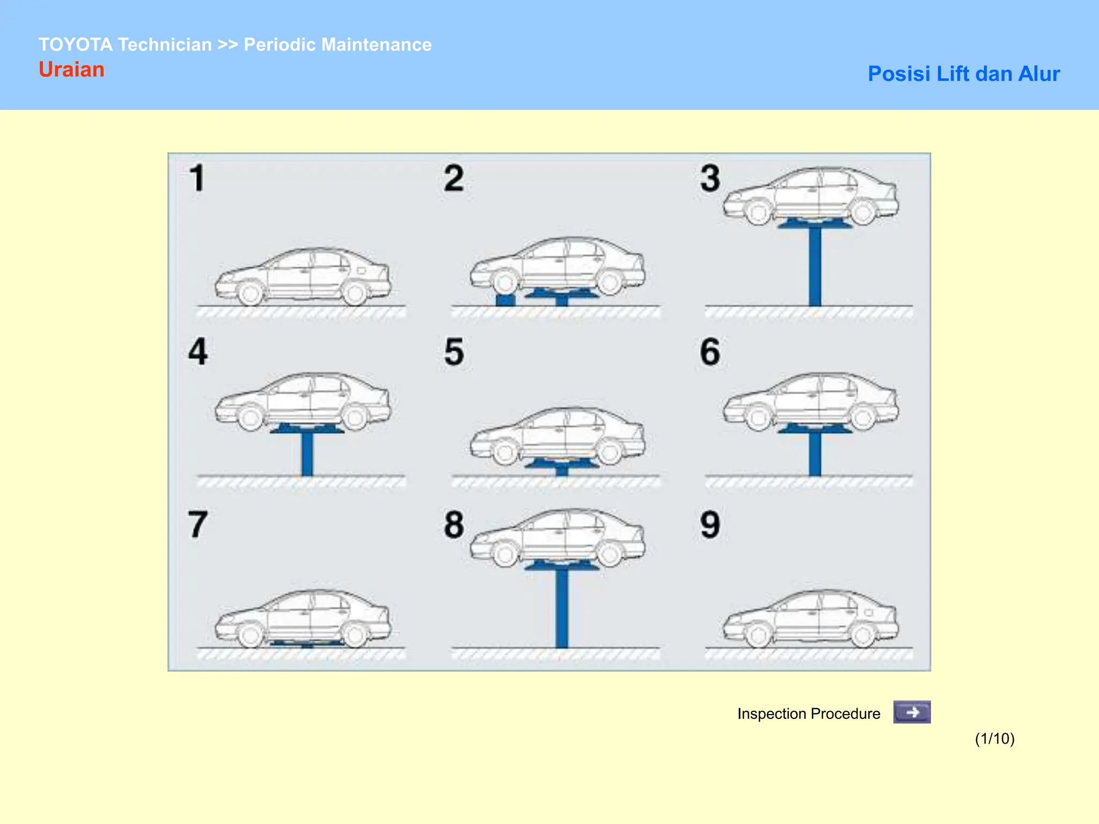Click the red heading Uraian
click(71, 70)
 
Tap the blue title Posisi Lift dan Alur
click(963, 74)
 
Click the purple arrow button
click(911, 712)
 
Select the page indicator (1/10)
click(994, 739)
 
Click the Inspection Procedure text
click(808, 713)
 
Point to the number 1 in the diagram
click(197, 178)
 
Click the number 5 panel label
click(454, 352)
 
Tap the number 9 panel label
click(710, 525)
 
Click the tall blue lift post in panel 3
click(815, 266)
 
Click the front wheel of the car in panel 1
click(250, 293)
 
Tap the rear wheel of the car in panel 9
click(862, 636)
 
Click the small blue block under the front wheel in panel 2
click(505, 300)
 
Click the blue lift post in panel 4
click(307, 454)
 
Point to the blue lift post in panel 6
click(815, 454)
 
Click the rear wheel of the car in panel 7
click(354, 636)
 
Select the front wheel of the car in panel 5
click(504, 453)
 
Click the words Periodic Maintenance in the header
click(338, 45)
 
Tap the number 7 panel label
click(197, 525)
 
